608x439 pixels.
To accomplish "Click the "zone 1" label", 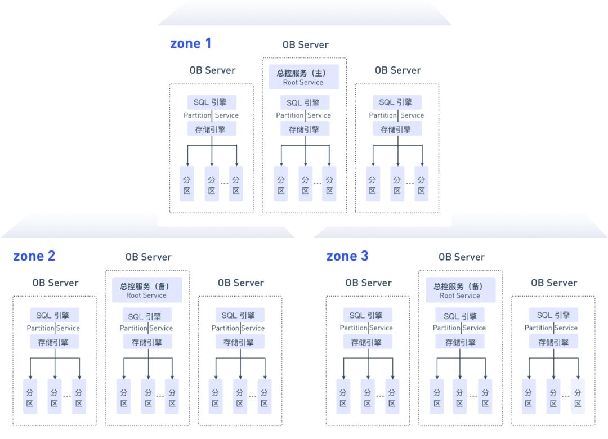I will [191, 43].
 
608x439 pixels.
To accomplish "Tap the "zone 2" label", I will [34, 256].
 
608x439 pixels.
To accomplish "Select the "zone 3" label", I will [347, 256].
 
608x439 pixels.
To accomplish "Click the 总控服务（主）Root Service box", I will [303, 77].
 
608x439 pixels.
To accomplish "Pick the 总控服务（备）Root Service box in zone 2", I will [146, 290].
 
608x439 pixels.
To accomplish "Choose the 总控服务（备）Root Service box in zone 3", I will [460, 290].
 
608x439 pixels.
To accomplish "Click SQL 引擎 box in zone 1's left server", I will [211, 102].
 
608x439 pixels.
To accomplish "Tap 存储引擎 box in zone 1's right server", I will [397, 129].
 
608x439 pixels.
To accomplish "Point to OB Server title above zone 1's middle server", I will [305, 45].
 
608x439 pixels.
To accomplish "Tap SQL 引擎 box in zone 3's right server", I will [554, 315].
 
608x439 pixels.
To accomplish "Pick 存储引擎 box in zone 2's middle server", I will [146, 342].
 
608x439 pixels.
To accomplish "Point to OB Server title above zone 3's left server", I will [368, 283].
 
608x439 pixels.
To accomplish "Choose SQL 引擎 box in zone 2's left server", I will [55, 315].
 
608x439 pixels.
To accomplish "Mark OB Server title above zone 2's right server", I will [241, 283].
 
